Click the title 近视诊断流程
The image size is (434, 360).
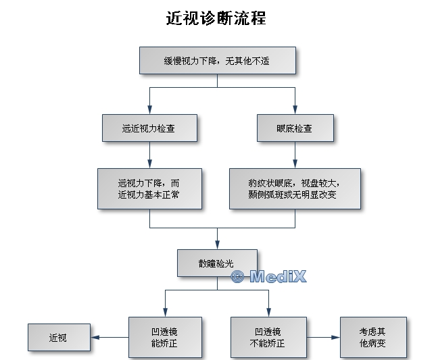click(216, 19)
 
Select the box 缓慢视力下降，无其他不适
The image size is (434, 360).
click(217, 60)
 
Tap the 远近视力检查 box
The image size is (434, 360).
click(149, 128)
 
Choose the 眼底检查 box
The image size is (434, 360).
click(295, 128)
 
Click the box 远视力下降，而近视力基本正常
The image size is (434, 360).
click(149, 188)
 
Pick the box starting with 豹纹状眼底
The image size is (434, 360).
click(295, 188)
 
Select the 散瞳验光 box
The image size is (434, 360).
click(217, 263)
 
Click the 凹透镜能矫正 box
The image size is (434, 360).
click(165, 337)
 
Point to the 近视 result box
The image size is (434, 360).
click(59, 337)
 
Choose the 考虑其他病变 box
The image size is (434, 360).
click(373, 337)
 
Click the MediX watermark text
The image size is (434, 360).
click(269, 276)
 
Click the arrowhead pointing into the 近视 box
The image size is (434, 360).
click(95, 337)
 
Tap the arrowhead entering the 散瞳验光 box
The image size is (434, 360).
click(217, 245)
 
